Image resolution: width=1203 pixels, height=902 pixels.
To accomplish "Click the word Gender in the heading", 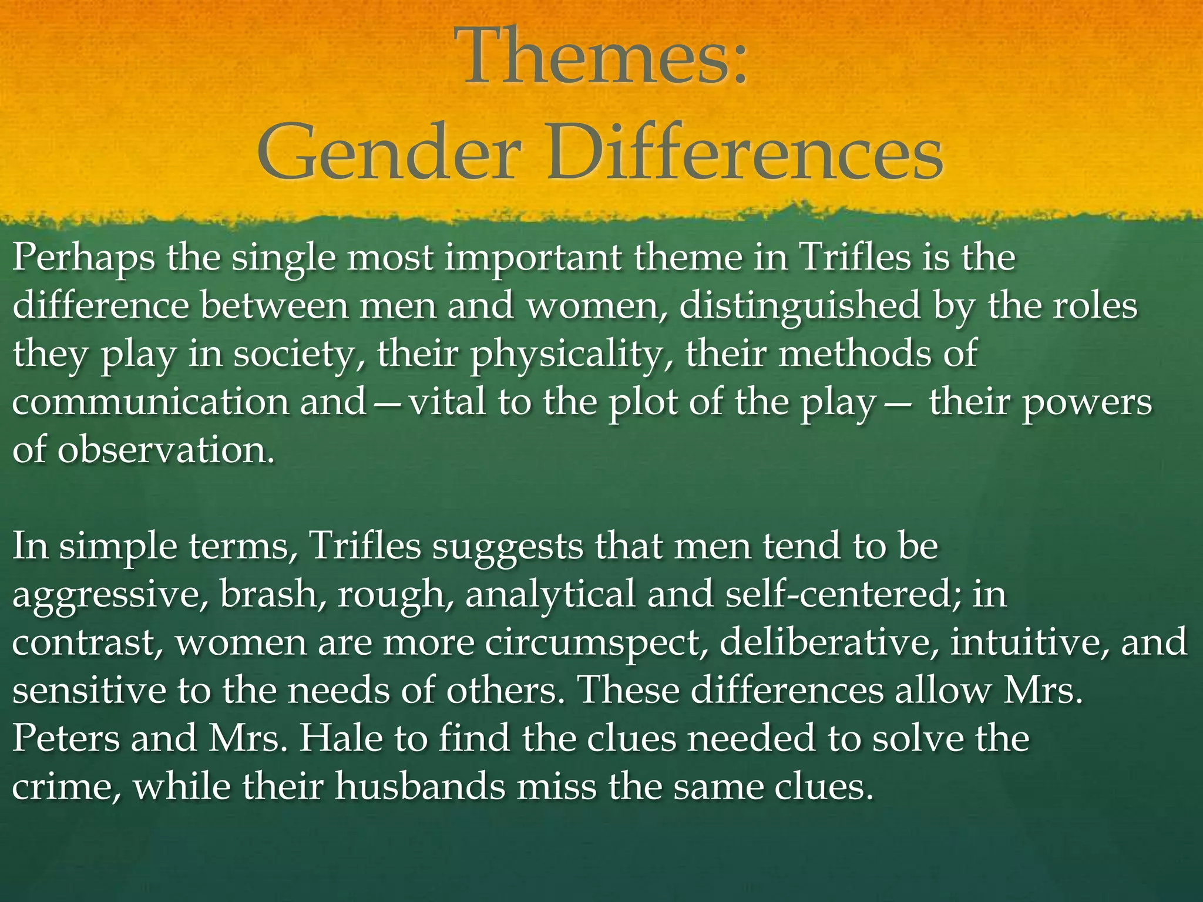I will tap(388, 154).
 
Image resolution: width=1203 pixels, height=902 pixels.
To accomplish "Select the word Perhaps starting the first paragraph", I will tap(83, 258).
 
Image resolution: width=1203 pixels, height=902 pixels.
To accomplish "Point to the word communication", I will tap(150, 403).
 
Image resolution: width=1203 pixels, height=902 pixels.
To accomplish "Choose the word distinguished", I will tap(799, 307).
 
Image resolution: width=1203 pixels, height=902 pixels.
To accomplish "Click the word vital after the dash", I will tap(447, 403).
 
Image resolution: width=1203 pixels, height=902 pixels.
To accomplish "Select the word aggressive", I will tap(109, 595).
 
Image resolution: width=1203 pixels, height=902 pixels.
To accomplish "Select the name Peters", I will tap(65, 738).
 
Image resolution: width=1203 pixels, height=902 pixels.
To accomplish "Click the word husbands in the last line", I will tap(420, 786).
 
